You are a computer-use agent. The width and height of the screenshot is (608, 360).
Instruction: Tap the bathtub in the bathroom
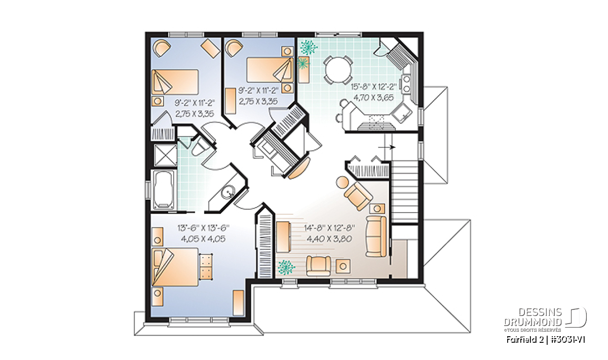pos(164,190)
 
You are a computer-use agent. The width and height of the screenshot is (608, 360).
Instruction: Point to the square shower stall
pos(165,155)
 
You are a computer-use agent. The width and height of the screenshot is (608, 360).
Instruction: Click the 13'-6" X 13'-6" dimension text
pos(203,228)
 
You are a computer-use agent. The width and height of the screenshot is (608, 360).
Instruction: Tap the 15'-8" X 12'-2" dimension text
pos(374,87)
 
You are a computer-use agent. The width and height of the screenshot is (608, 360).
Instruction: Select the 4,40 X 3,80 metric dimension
pos(329,238)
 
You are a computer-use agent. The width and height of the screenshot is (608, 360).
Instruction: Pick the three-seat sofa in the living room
pos(376,236)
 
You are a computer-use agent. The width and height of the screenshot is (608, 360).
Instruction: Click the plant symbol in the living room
pos(286,267)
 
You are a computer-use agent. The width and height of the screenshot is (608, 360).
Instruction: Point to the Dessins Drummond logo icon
pos(576,317)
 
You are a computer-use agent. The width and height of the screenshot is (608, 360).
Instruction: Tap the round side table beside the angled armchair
pos(343,182)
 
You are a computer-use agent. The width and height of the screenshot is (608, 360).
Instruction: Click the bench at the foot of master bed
pos(206,267)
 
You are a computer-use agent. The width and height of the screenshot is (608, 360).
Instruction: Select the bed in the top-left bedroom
pos(175,82)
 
